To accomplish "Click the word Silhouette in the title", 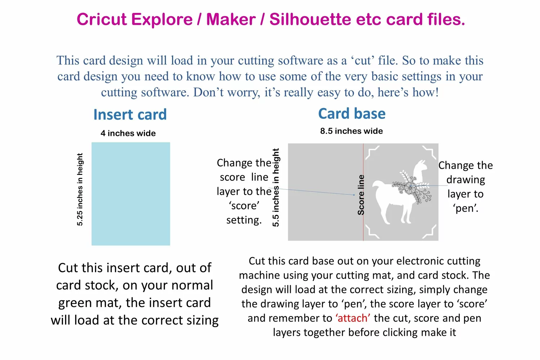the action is [x=310, y=19].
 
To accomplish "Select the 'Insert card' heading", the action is [x=130, y=114].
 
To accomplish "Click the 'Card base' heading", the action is [x=352, y=113].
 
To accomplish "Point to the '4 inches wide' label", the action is [x=128, y=133].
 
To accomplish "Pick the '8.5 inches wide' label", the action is [x=351, y=131].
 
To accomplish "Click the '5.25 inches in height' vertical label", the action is [x=80, y=189].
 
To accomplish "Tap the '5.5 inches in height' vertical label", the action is [x=275, y=187].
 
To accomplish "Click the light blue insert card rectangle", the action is [x=131, y=194].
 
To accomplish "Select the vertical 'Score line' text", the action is [x=361, y=195].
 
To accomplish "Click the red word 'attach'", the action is [x=353, y=318].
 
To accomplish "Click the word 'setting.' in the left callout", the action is [x=244, y=220].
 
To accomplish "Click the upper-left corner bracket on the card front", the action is [x=372, y=152].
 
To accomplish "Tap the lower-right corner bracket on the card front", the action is [x=429, y=232].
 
